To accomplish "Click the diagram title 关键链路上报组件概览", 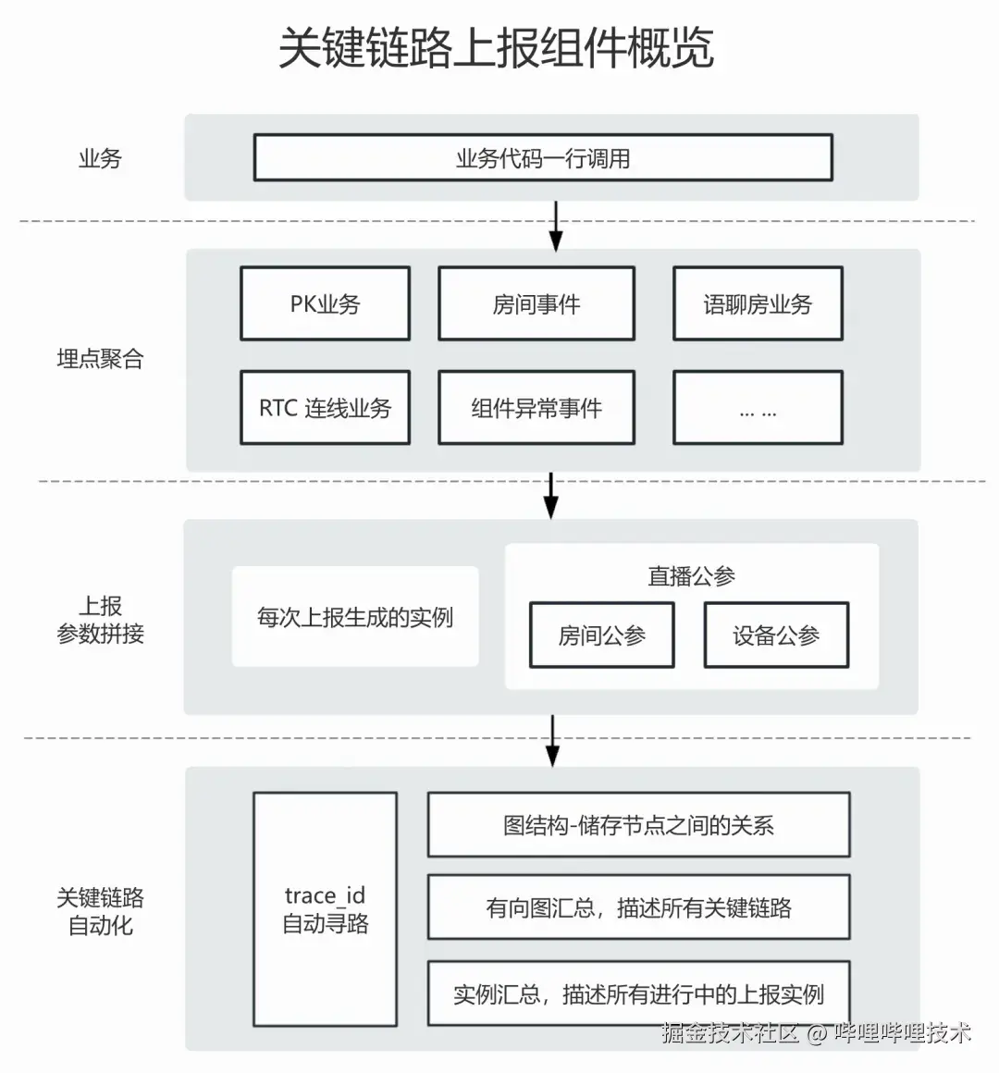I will [x=497, y=48].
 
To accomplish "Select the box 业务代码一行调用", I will [x=543, y=158].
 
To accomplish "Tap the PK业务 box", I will [x=325, y=304].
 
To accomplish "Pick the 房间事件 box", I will [x=536, y=304].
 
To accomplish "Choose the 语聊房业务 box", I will [x=758, y=304].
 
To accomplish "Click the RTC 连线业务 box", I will [x=325, y=408].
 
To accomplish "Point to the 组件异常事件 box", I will [x=536, y=408].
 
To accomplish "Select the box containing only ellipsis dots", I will [x=758, y=408].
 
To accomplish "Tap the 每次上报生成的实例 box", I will [x=355, y=617].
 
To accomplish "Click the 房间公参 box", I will [x=601, y=635].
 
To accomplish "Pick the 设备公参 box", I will [x=776, y=635].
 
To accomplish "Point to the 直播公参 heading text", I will [x=691, y=576].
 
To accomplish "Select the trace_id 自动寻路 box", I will [x=326, y=909].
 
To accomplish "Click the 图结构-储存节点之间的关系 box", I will [x=638, y=825].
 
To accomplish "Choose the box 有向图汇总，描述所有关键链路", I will [x=638, y=908].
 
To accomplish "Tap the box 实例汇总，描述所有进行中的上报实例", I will [x=638, y=994].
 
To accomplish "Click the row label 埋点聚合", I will [x=100, y=359].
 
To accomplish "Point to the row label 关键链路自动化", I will [x=100, y=911].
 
